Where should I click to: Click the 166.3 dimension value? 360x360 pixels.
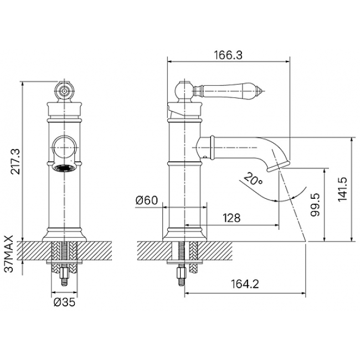228,55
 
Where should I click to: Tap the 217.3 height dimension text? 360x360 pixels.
16,161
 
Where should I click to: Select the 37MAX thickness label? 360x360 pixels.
9,254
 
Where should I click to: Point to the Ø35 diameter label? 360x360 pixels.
64,302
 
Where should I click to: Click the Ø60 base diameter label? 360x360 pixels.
147,200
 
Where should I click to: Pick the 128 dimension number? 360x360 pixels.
232,218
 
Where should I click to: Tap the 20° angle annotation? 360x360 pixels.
253,179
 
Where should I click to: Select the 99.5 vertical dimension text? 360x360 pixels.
315,204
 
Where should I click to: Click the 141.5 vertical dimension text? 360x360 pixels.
342,189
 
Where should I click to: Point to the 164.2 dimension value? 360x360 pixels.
245,284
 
